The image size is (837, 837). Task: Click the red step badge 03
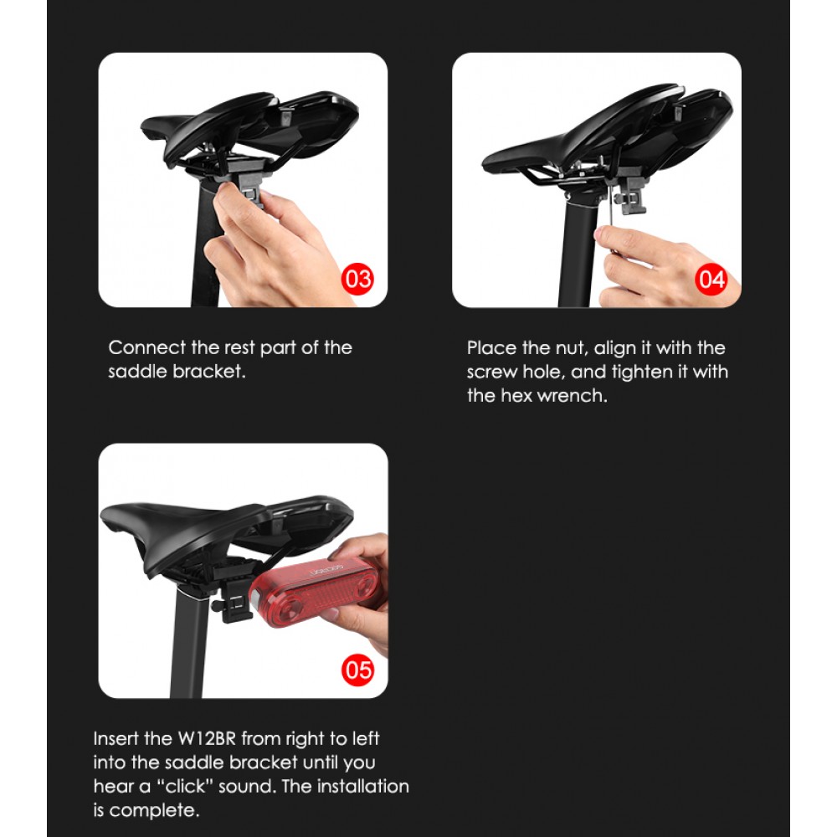click(357, 280)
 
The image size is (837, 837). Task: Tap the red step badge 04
click(711, 280)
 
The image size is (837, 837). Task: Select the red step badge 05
click(357, 670)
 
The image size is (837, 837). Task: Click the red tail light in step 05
click(315, 593)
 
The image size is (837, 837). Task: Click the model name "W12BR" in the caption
click(207, 739)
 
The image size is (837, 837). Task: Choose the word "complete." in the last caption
click(154, 811)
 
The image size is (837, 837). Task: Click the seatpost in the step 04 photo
click(577, 251)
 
